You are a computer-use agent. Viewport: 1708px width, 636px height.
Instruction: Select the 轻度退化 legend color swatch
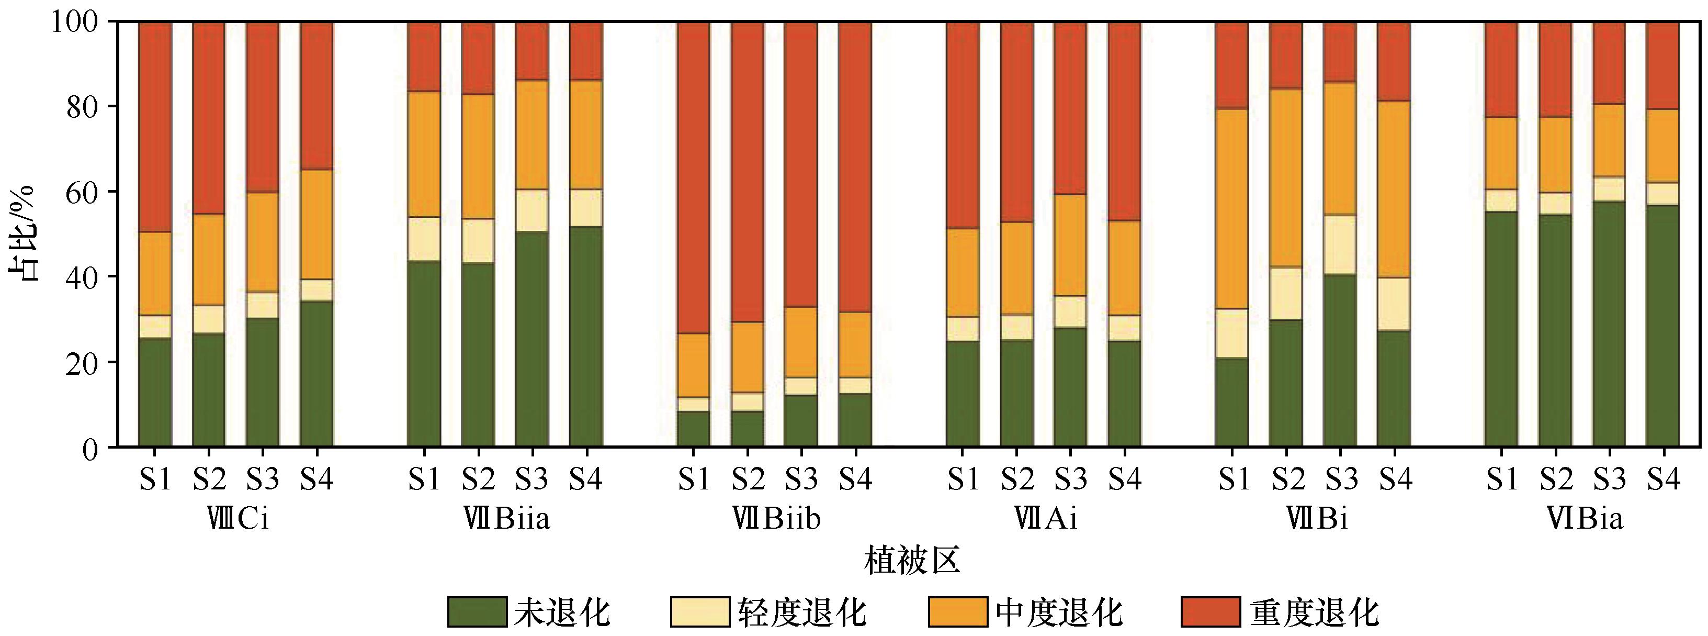coord(699,611)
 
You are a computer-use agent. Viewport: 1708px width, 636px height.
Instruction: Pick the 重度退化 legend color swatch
coord(1211,611)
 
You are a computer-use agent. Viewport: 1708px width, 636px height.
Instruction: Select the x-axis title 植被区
coord(912,561)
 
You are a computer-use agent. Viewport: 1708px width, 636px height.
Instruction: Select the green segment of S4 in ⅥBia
coord(1664,326)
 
